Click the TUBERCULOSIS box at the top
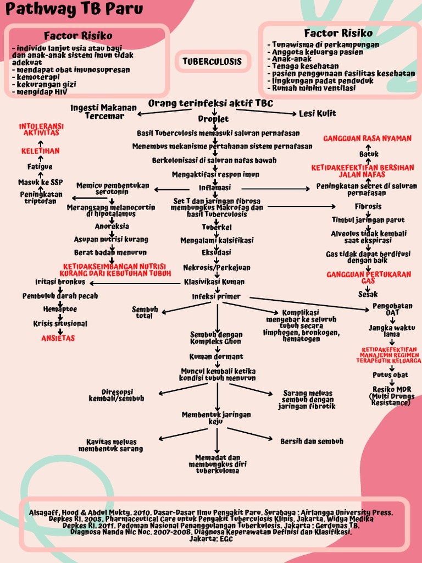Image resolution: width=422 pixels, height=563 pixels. pyautogui.click(x=212, y=62)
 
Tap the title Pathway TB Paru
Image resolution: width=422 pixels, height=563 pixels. pyautogui.click(x=76, y=9)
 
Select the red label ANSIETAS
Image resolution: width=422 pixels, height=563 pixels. pyautogui.click(x=58, y=338)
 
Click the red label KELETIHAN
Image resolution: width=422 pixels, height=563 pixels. pyautogui.click(x=41, y=151)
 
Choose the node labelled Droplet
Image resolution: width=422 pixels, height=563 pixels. pyautogui.click(x=213, y=119)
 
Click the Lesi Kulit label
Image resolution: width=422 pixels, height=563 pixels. pyautogui.click(x=318, y=113)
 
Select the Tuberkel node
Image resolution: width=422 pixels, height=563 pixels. pyautogui.click(x=216, y=227)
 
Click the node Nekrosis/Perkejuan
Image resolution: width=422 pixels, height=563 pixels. pyautogui.click(x=216, y=268)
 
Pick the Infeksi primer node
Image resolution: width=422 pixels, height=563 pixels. pyautogui.click(x=216, y=296)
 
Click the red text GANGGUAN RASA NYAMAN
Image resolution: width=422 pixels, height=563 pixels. pyautogui.click(x=368, y=138)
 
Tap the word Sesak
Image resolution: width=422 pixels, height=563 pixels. pyautogui.click(x=368, y=294)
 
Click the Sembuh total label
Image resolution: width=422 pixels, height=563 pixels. pyautogui.click(x=145, y=313)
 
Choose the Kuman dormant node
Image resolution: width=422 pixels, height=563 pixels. pyautogui.click(x=216, y=357)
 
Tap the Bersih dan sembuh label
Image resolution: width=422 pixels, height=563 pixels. pyautogui.click(x=312, y=441)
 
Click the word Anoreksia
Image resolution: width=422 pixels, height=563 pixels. pyautogui.click(x=112, y=226)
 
